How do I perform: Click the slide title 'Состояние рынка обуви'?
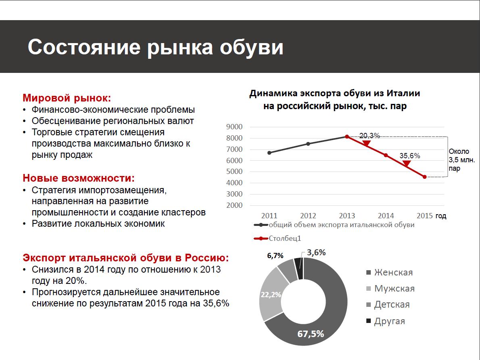(155, 47)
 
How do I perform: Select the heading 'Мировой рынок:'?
(66, 98)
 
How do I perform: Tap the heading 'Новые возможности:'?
(79, 178)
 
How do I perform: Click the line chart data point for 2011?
(269, 153)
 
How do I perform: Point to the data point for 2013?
(347, 137)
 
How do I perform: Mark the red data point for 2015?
(425, 176)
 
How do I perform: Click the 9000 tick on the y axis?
(235, 127)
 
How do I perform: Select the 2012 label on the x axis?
(308, 216)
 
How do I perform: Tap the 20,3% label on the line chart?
(370, 136)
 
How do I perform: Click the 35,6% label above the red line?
(409, 155)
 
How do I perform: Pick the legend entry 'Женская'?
(393, 272)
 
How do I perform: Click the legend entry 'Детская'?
(392, 304)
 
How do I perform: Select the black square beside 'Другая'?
(368, 321)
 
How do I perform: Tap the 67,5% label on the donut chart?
(311, 334)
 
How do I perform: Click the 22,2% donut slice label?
(271, 295)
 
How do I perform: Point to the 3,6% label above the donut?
(316, 252)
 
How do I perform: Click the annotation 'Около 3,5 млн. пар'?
(459, 160)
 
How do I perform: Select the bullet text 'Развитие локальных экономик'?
(98, 224)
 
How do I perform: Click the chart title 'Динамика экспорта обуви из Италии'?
(335, 93)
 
